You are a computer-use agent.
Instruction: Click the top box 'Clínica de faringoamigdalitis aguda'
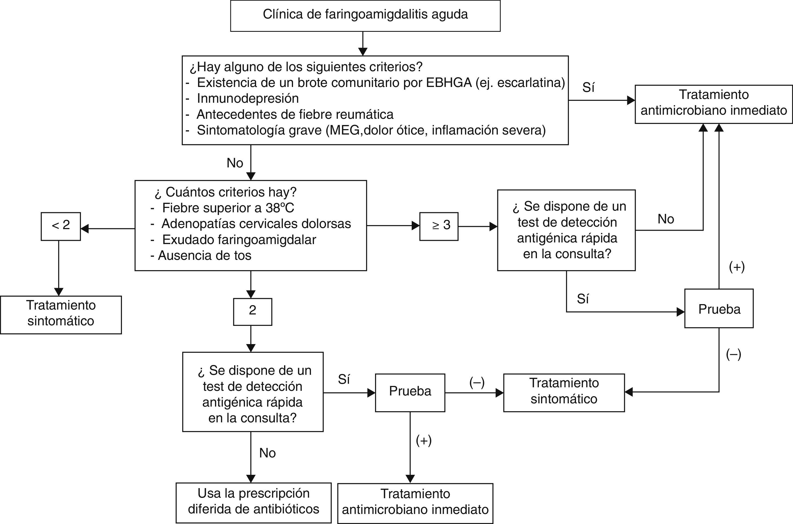pyautogui.click(x=365, y=15)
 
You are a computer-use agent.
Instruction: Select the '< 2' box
pyautogui.click(x=61, y=226)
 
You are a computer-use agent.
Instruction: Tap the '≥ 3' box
pyautogui.click(x=439, y=226)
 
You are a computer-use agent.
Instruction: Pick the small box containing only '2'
pyautogui.click(x=252, y=311)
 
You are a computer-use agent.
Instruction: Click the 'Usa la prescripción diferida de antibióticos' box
pyautogui.click(x=253, y=502)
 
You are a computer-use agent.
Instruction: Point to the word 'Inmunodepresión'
pyautogui.click(x=248, y=99)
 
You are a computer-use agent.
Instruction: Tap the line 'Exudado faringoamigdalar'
pyautogui.click(x=239, y=240)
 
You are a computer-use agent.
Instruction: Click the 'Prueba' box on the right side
pyautogui.click(x=719, y=309)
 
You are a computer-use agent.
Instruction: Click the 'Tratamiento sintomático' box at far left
pyautogui.click(x=61, y=314)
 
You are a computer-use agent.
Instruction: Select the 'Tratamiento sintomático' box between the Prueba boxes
pyautogui.click(x=564, y=392)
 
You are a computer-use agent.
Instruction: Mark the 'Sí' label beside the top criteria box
pyautogui.click(x=588, y=88)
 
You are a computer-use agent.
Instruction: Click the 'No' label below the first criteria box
pyautogui.click(x=235, y=163)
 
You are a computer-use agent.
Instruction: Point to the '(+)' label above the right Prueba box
pyautogui.click(x=737, y=267)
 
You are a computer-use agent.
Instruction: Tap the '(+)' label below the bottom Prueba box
pyautogui.click(x=423, y=441)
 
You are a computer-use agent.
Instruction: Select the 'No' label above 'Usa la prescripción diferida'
pyautogui.click(x=268, y=453)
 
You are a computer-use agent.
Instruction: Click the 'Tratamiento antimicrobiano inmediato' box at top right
pyautogui.click(x=713, y=104)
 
